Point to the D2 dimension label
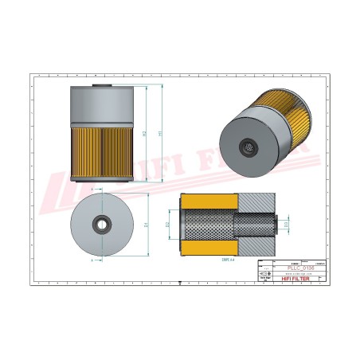169,225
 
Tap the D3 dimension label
285,225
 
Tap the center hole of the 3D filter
248,148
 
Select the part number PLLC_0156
299,268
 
